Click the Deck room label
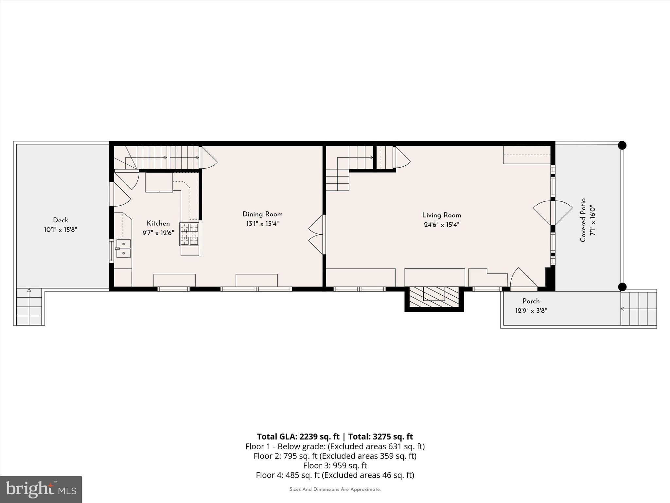tap(61, 220)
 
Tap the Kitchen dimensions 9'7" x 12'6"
tap(158, 233)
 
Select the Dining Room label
tap(262, 214)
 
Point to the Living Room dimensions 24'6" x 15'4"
tap(442, 225)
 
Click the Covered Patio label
tap(583, 220)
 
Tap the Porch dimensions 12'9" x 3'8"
tap(531, 310)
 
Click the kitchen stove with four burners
tap(189, 234)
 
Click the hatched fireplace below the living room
tap(434, 297)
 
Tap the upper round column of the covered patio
tap(622, 145)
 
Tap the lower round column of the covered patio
tap(622, 287)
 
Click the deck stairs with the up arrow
tap(29, 307)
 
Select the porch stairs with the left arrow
tap(638, 308)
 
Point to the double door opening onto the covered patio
tap(553, 213)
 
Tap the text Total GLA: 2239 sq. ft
tap(298, 437)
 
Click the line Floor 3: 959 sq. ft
tap(335, 465)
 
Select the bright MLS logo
tap(41, 489)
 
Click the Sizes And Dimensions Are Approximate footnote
tap(335, 489)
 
